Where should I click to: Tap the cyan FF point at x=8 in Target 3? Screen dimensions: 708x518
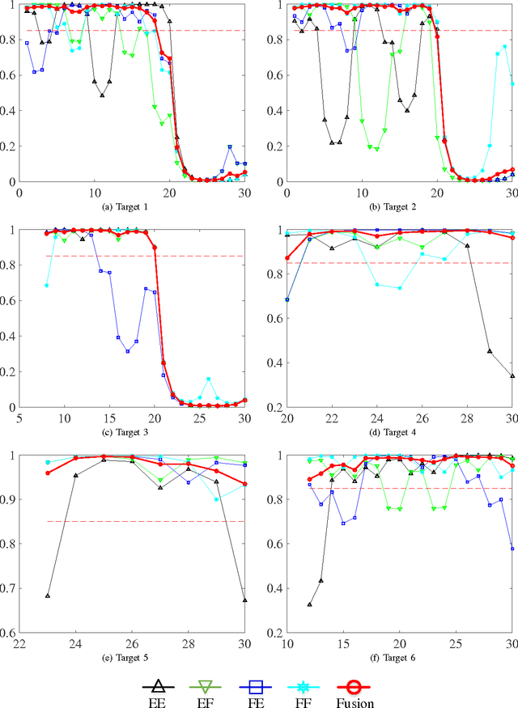47,286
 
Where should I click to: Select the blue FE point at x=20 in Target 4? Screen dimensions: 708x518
287,299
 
